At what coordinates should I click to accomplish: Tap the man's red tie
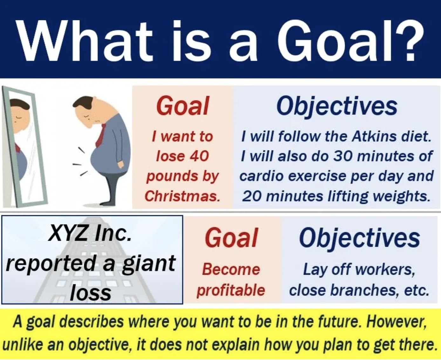(101, 135)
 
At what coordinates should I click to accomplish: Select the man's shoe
(107, 203)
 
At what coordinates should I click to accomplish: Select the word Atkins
(374, 136)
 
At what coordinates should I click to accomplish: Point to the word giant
(148, 264)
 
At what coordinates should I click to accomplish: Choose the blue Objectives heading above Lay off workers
(359, 239)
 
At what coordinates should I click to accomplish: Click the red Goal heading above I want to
(183, 106)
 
